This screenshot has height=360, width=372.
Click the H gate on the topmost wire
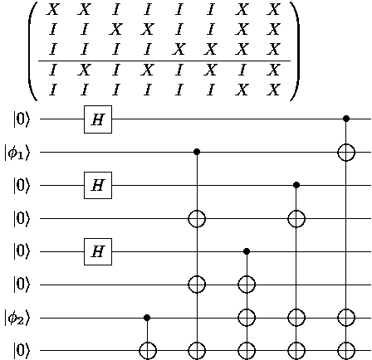[x=98, y=119]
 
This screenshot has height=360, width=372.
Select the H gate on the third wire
[x=98, y=185]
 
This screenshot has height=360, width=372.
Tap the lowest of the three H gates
[x=98, y=251]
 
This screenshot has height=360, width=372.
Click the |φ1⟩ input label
[x=17, y=153]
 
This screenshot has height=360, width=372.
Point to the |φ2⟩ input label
[x=17, y=319]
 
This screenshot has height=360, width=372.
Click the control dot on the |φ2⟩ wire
[x=147, y=318]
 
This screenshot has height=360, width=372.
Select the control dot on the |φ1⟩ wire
[x=197, y=152]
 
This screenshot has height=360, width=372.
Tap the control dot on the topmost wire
[x=346, y=119]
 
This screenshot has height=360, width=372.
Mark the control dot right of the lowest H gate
[x=247, y=251]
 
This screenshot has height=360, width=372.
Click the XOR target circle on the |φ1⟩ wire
[x=346, y=152]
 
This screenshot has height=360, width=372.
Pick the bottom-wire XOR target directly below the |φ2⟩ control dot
[x=148, y=351]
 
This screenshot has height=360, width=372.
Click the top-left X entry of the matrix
[x=53, y=9]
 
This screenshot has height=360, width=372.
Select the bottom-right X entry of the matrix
[x=274, y=90]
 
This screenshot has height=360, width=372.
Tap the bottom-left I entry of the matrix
[x=53, y=90]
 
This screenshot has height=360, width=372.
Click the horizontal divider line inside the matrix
[x=164, y=61]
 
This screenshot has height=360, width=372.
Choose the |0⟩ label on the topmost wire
[x=21, y=119]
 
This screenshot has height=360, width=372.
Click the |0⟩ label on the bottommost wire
[x=21, y=351]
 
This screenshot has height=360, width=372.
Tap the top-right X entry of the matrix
[x=274, y=9]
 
